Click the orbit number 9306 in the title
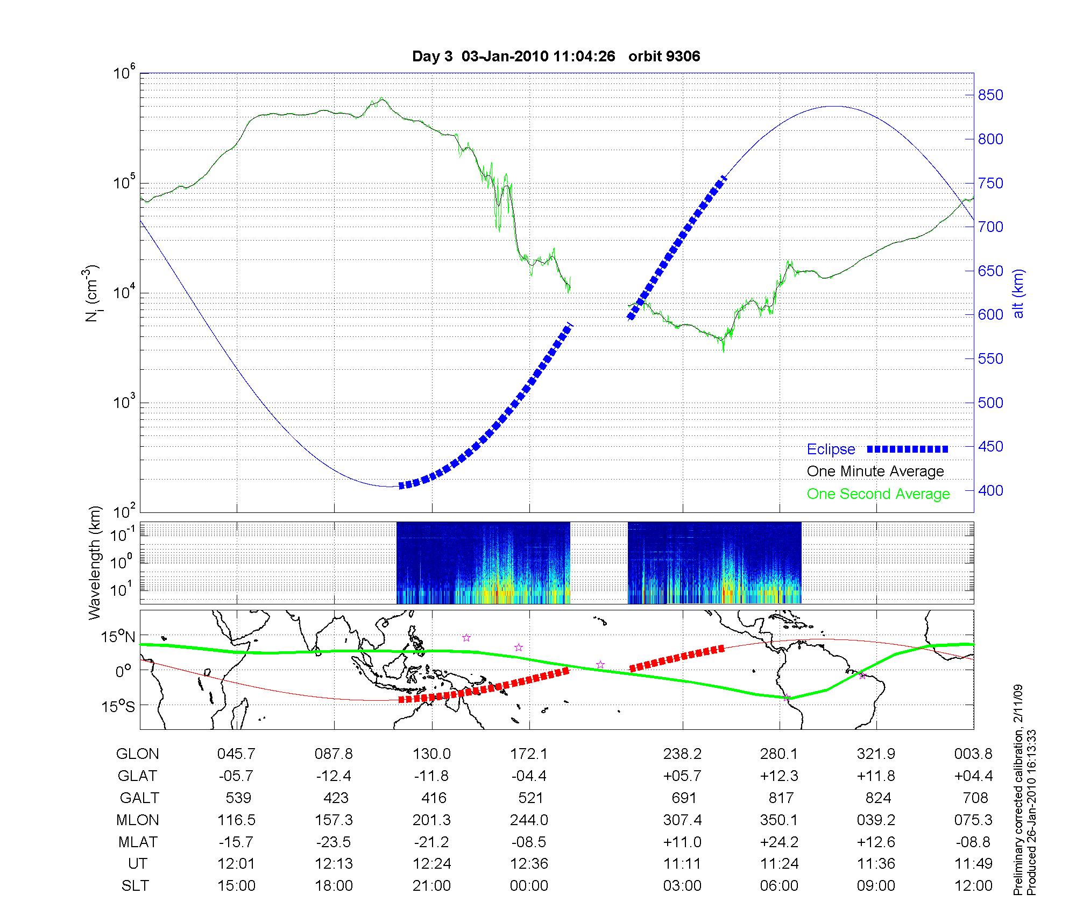click(683, 57)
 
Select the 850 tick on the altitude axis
click(990, 95)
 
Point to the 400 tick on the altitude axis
click(990, 490)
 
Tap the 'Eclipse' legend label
click(831, 449)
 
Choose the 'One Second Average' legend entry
click(878, 494)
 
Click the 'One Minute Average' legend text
click(875, 471)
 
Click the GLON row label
click(137, 754)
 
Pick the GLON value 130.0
click(432, 754)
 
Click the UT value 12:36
click(529, 864)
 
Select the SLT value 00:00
click(529, 886)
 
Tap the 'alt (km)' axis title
click(1018, 293)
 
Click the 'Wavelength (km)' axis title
click(95, 562)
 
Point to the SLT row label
click(135, 886)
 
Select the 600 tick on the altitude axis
click(990, 315)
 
